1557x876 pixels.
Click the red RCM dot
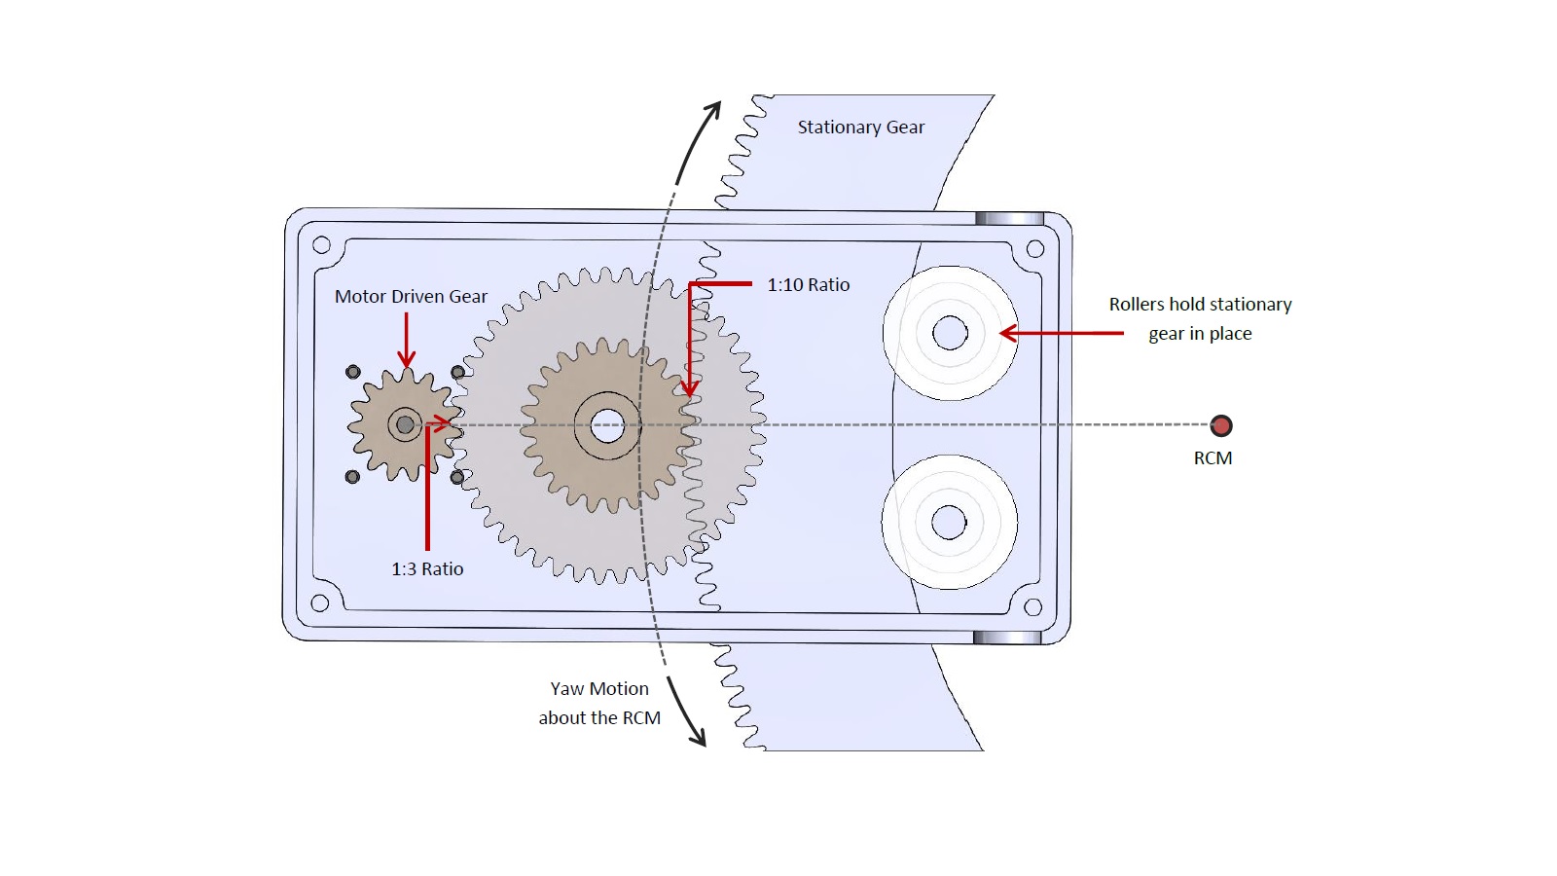point(1220,425)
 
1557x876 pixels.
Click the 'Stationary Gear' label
point(860,128)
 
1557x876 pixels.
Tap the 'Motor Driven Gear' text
point(411,297)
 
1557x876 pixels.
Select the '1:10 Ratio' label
point(808,285)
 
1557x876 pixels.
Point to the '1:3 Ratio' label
point(427,569)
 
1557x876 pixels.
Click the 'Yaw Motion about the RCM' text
point(599,703)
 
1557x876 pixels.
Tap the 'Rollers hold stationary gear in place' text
point(1200,318)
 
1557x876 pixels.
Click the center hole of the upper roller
point(950,333)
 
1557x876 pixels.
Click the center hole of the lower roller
point(949,523)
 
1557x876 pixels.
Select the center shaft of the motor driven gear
point(405,424)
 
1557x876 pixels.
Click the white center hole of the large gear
point(607,425)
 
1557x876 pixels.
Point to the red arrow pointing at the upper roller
point(1061,333)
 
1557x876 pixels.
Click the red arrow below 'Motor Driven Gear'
point(407,341)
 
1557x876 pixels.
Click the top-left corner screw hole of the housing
point(321,245)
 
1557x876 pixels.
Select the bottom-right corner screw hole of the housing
point(1033,607)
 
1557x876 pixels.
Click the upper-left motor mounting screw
point(353,372)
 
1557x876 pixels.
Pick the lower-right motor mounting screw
point(457,477)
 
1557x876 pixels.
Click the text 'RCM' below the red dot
point(1213,458)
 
